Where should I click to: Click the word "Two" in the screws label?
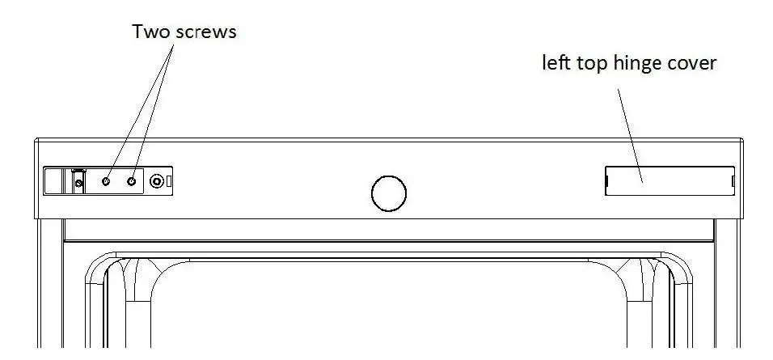(150, 32)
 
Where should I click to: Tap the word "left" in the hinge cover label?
(555, 63)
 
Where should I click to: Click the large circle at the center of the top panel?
(388, 193)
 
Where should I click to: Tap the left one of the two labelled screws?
(107, 182)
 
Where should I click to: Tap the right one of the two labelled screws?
(131, 182)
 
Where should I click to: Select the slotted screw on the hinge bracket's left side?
(78, 184)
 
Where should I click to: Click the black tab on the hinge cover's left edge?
(606, 181)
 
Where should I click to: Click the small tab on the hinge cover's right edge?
(733, 181)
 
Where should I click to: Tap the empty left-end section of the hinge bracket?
(54, 182)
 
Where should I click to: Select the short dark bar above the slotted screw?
(78, 172)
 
